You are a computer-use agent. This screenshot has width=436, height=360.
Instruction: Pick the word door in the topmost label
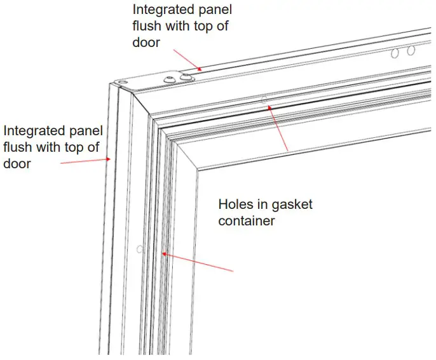pyautogui.click(x=146, y=43)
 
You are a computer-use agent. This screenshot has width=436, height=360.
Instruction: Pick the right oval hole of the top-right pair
pyautogui.click(x=411, y=50)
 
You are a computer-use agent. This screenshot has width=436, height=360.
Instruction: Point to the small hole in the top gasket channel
pyautogui.click(x=262, y=99)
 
